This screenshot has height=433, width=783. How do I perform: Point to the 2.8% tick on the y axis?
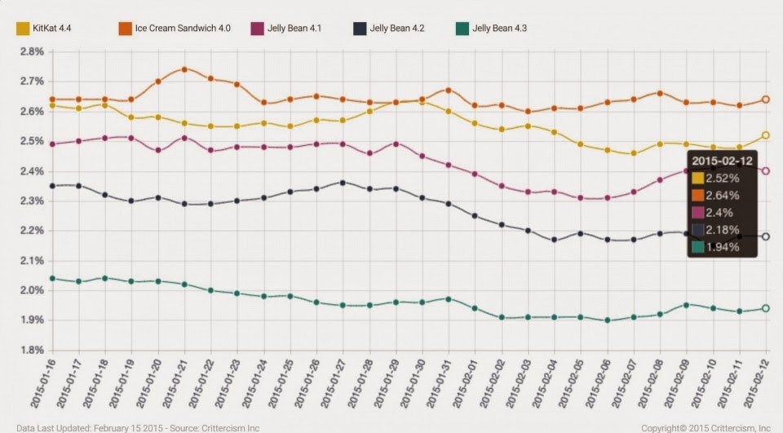click(x=30, y=51)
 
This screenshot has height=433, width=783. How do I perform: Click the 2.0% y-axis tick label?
click(x=30, y=290)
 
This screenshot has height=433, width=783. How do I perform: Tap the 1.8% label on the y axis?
click(x=30, y=350)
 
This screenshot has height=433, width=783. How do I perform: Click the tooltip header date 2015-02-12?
click(x=721, y=161)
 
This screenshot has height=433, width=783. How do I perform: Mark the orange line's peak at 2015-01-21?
click(x=184, y=69)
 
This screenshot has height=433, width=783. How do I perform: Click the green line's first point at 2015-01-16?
click(x=52, y=278)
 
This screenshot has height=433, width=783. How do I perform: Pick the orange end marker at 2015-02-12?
click(x=766, y=99)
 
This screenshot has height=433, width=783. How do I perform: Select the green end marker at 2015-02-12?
click(x=766, y=308)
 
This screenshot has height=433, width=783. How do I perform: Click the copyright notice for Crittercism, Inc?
click(x=706, y=427)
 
